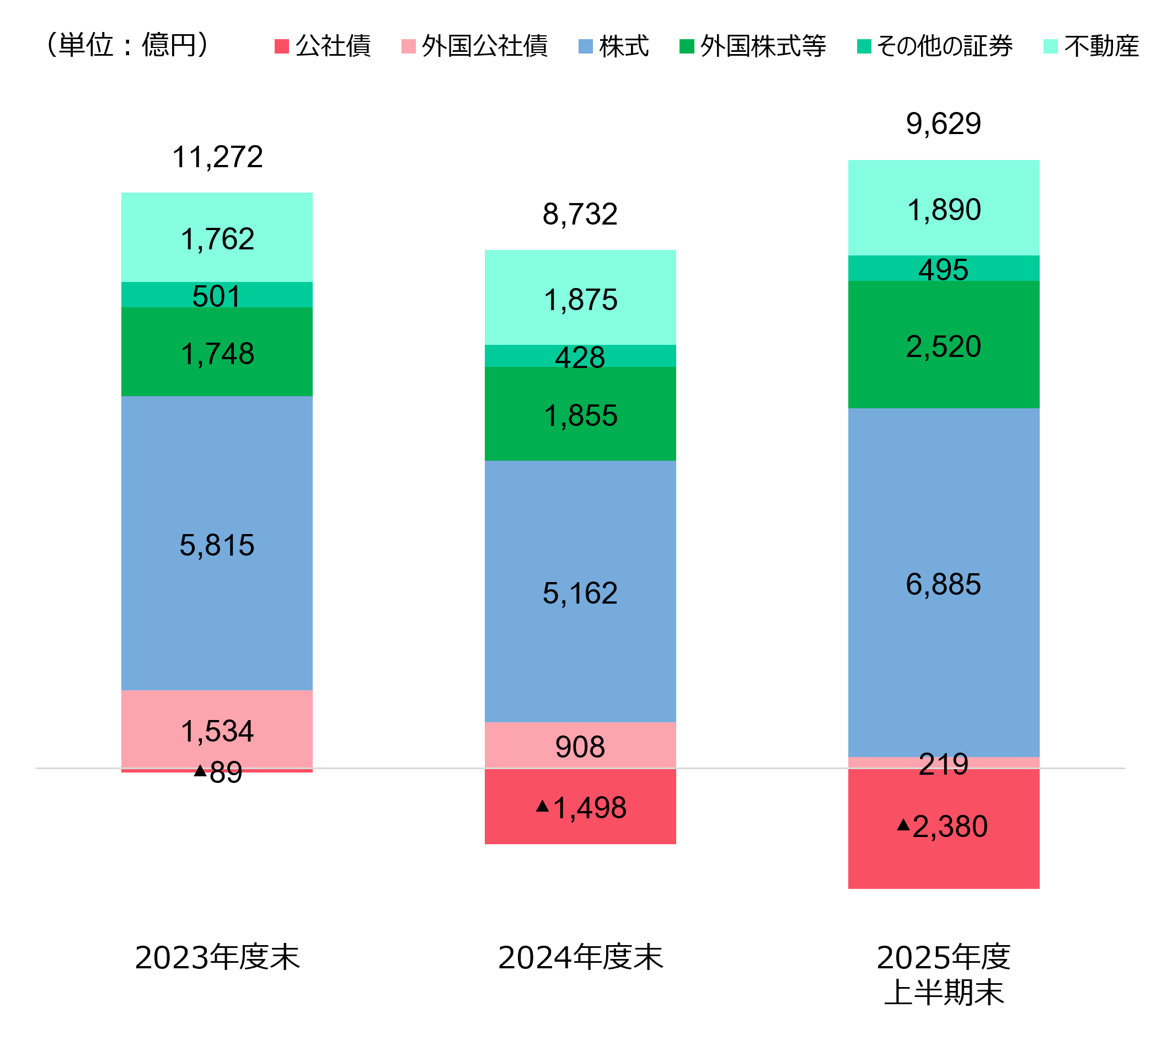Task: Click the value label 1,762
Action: click(217, 239)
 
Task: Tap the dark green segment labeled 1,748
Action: click(217, 351)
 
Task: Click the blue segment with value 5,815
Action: click(217, 542)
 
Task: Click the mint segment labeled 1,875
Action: click(580, 297)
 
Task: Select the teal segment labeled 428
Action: click(580, 356)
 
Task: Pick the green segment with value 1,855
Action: click(580, 414)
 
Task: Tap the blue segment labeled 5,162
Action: click(580, 591)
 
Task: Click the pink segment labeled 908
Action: click(580, 745)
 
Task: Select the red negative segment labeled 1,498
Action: click(580, 807)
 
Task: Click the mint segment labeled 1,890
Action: click(943, 208)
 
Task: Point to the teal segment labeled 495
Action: click(943, 268)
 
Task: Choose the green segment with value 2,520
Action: click(943, 344)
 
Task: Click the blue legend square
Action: click(585, 47)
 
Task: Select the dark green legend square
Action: click(687, 47)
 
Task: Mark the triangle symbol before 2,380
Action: click(903, 825)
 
